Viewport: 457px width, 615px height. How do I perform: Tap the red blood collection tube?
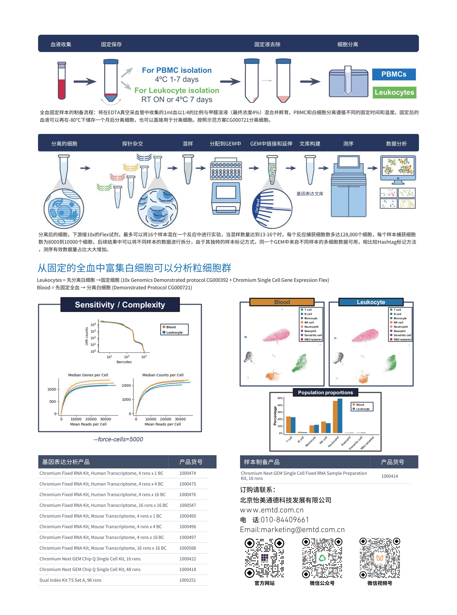coord(62,80)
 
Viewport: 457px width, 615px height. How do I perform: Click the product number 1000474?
coord(188,473)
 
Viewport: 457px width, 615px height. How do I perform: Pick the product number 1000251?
coord(188,580)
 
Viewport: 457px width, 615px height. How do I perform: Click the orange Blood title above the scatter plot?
coord(282,302)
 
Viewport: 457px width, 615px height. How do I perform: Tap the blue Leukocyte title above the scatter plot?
coord(371,302)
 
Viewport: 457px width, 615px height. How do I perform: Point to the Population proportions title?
coord(325,393)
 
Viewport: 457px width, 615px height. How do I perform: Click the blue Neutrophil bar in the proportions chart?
coord(340,416)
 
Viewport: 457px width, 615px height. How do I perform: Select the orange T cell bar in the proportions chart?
coord(289,425)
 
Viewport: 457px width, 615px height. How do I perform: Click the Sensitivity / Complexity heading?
coord(120,305)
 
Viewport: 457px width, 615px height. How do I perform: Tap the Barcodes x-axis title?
coord(124,362)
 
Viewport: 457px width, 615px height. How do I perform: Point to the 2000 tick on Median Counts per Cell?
coord(126,385)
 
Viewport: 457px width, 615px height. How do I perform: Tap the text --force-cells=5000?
coord(118,439)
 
